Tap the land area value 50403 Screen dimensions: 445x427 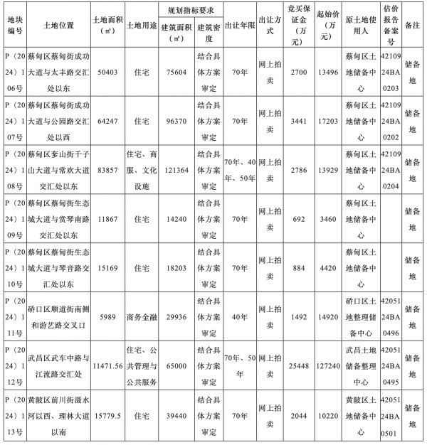tap(107, 73)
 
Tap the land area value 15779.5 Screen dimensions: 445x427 tap(107, 414)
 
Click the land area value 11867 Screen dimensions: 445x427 tap(107, 218)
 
